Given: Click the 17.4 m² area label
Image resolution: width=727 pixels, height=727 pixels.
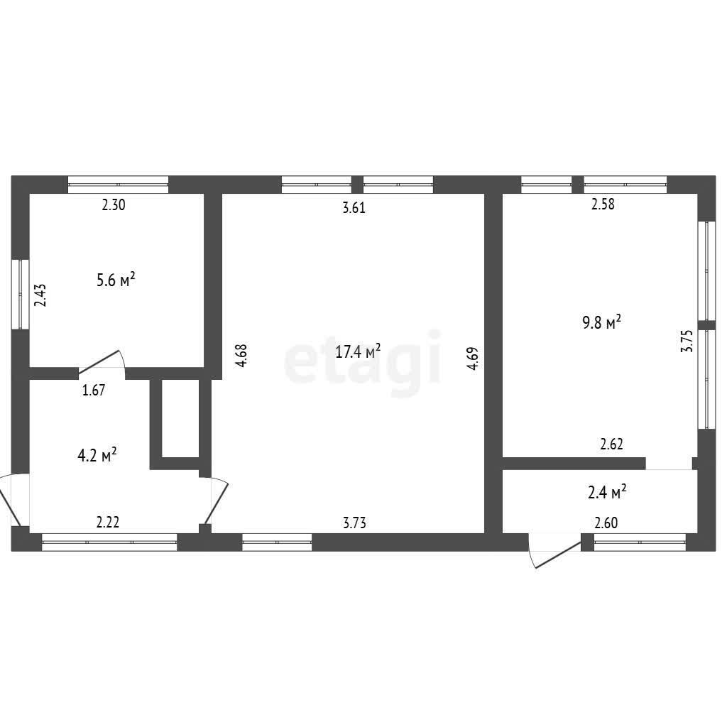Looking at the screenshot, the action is tap(358, 351).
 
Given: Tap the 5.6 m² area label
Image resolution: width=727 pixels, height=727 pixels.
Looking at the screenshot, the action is tap(116, 280).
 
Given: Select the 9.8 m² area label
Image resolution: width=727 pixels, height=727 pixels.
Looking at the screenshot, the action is tap(601, 322).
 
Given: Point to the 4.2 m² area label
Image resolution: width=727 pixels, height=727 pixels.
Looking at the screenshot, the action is tap(97, 455).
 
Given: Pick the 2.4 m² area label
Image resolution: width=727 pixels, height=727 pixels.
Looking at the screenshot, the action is tap(607, 492).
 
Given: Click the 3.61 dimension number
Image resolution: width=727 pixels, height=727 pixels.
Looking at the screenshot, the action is tap(354, 208).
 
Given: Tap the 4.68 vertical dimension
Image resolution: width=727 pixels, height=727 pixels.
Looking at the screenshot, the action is tap(242, 356).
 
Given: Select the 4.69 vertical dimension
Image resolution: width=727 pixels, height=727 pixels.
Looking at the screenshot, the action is tap(472, 359).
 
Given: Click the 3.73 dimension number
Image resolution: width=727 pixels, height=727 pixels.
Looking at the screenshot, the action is tap(354, 523).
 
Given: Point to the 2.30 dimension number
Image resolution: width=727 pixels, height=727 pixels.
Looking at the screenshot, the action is tap(114, 204).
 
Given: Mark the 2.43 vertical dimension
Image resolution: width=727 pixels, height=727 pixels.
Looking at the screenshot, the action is tap(40, 295).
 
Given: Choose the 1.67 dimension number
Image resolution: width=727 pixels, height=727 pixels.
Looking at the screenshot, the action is tap(94, 390).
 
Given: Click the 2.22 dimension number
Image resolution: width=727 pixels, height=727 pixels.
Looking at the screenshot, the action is tap(108, 523).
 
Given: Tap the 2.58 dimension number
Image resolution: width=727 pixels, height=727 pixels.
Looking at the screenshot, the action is tap(603, 204).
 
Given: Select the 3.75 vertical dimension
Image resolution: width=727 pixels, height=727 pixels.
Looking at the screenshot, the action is tap(687, 341).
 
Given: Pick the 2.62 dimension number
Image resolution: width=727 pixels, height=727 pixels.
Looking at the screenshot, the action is tap(611, 444).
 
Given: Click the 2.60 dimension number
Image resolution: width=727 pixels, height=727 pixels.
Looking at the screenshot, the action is tap(606, 523).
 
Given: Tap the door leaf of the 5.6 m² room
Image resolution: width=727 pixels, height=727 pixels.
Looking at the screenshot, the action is tap(99, 362).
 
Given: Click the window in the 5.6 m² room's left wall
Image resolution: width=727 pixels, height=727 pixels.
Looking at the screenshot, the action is tap(21, 295).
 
